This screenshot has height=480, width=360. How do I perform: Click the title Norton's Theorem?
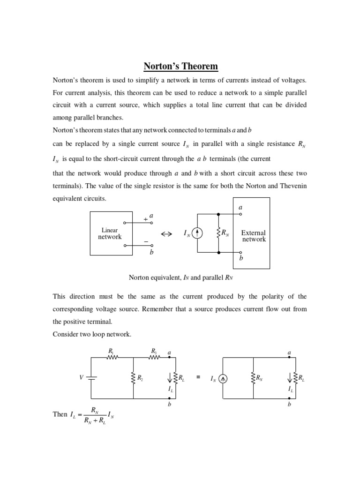pyautogui.click(x=180, y=66)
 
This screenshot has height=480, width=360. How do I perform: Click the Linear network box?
pyautogui.click(x=110, y=233)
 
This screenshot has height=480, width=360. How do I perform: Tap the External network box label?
pyautogui.click(x=254, y=236)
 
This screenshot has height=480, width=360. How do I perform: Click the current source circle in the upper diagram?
pyautogui.click(x=197, y=233)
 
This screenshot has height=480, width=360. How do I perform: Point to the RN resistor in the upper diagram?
pyautogui.click(x=218, y=233)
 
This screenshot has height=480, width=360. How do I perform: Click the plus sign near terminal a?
pyautogui.click(x=145, y=219)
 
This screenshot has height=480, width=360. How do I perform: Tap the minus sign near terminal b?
pyautogui.click(x=146, y=242)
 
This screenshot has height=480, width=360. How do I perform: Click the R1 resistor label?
pyautogui.click(x=111, y=351)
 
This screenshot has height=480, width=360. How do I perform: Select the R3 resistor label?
pyautogui.click(x=153, y=351)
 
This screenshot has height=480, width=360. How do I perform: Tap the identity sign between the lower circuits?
pyautogui.click(x=198, y=377)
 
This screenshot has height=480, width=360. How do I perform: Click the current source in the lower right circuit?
pyautogui.click(x=223, y=378)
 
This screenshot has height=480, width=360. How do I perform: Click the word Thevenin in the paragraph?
pyautogui.click(x=293, y=186)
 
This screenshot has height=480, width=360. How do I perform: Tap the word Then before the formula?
pyautogui.click(x=60, y=414)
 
